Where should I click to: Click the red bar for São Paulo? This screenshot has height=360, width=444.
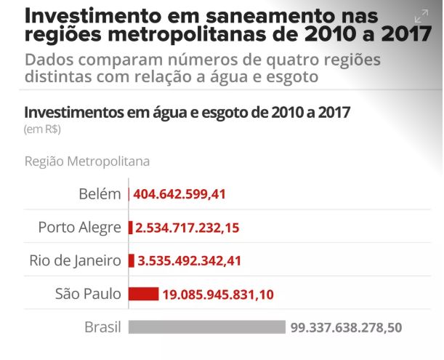coord(143,294)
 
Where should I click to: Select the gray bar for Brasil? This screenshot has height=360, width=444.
coord(207,327)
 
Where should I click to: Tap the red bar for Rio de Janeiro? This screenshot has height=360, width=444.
coord(132,260)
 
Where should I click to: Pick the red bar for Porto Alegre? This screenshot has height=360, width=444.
coord(131,228)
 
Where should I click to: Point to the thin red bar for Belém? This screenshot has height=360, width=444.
coord(129,194)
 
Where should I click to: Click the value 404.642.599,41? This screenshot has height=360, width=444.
coord(181,194)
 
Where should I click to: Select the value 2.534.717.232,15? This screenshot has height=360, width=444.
coord(187,228)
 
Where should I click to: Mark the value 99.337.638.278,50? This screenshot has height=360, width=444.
coord(346,328)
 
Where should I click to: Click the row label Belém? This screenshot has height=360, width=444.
coord(100,194)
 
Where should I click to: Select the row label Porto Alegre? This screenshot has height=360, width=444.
coord(80,228)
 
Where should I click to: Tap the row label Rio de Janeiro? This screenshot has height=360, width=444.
coord(76,260)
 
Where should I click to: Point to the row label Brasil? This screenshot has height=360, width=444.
coord(102,327)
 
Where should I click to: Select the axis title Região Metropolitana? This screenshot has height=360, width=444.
coord(87,161)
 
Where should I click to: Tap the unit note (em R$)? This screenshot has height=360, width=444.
coord(42,129)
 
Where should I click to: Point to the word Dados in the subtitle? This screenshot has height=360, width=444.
coord(49,60)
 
